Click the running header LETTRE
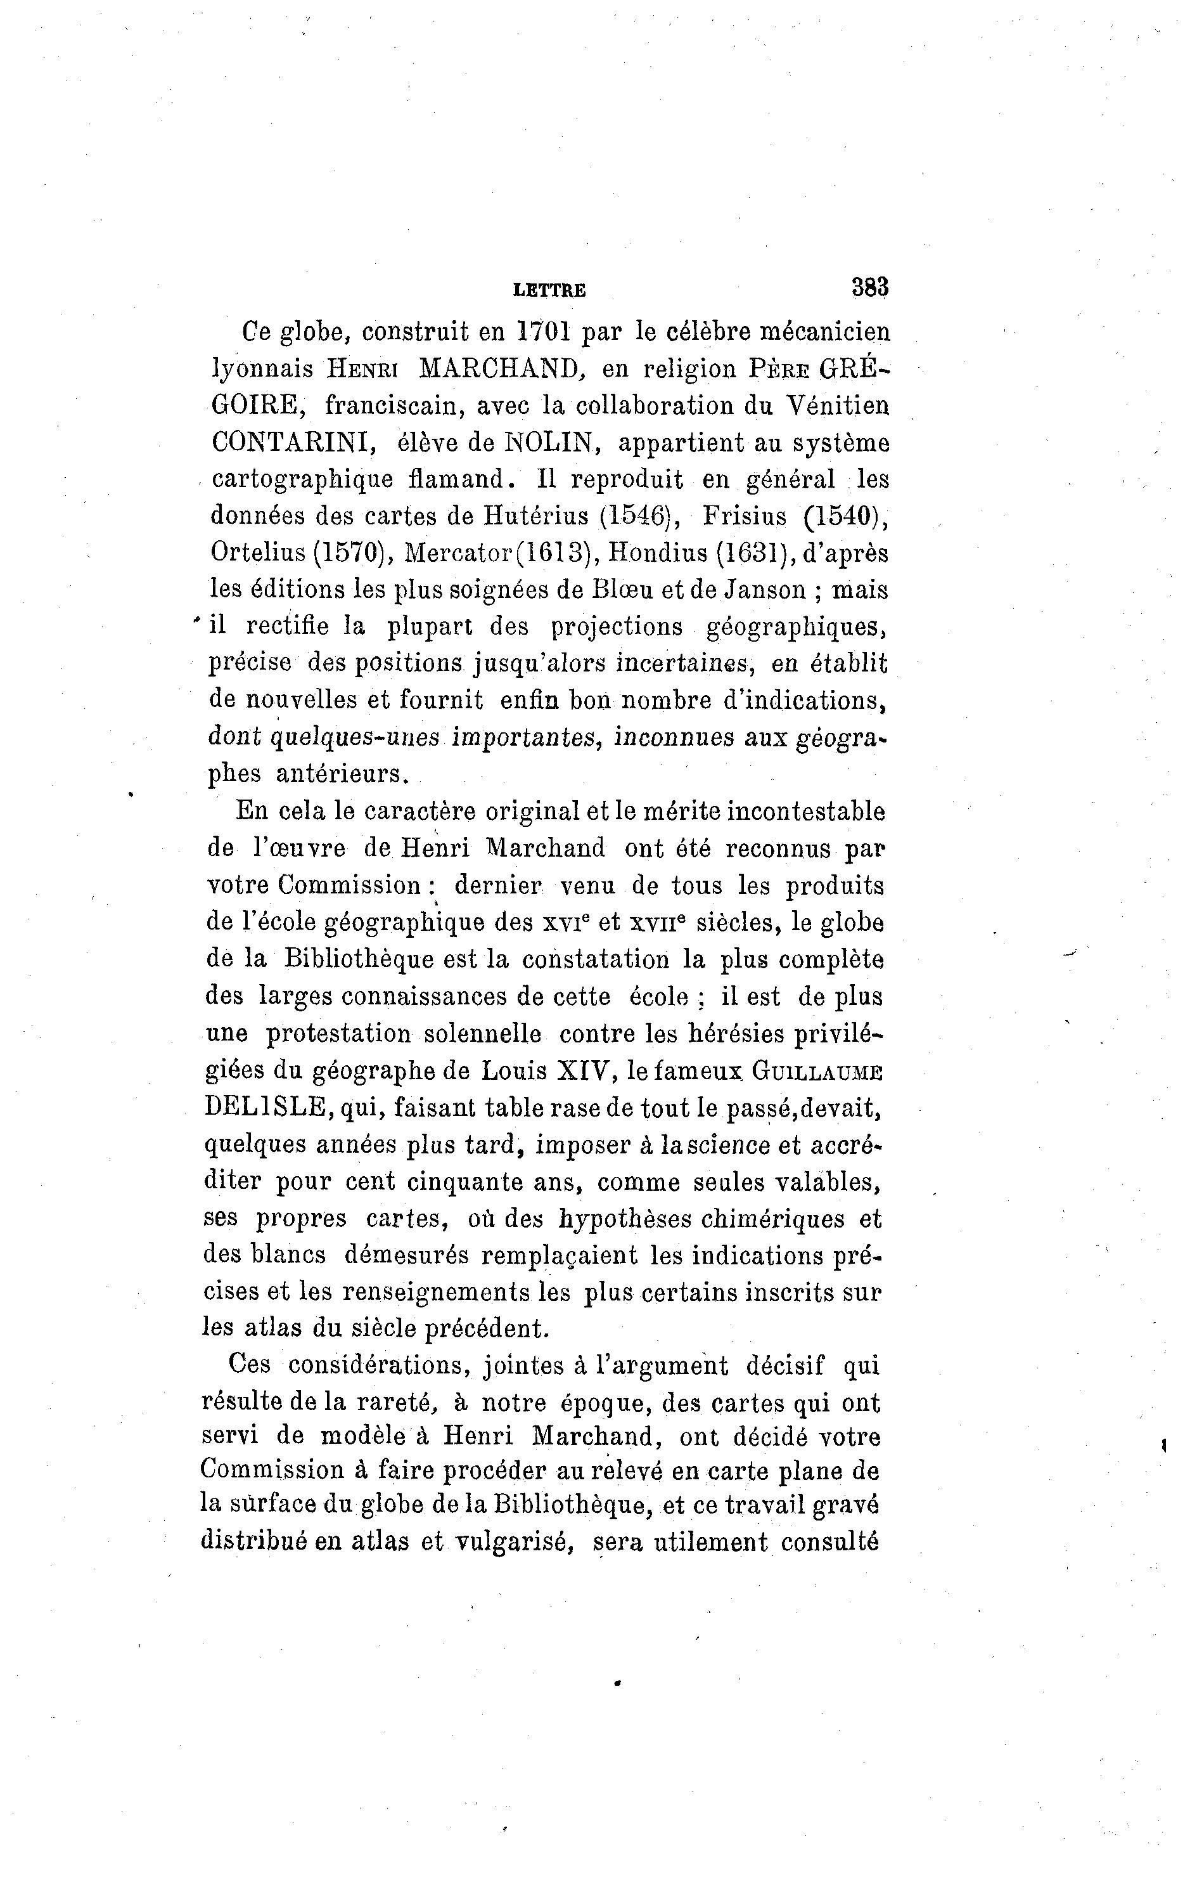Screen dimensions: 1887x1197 [x=549, y=291]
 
